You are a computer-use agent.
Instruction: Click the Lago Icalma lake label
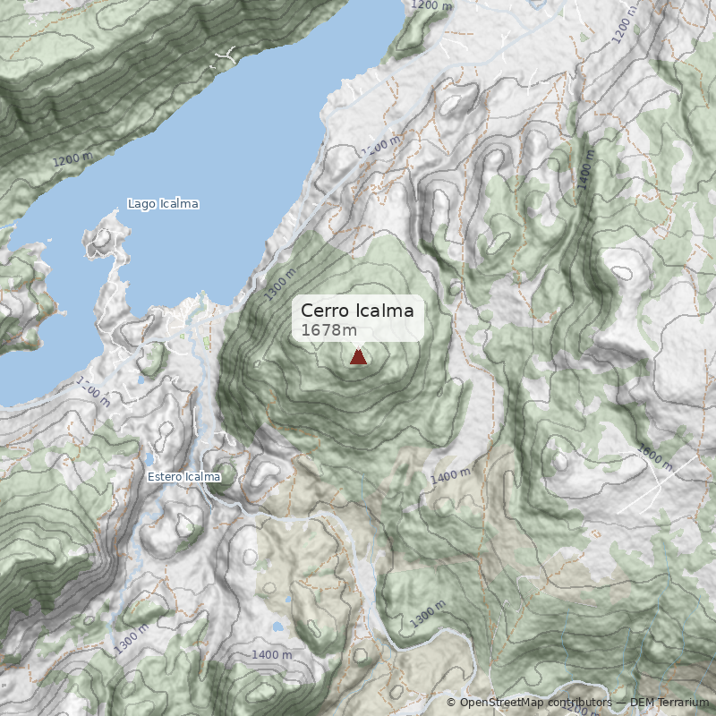(163, 204)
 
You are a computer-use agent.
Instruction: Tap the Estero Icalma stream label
(183, 477)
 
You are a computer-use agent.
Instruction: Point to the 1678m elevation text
(322, 330)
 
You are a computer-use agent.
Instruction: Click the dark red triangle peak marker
(358, 357)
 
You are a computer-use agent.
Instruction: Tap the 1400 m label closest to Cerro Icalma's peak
(450, 476)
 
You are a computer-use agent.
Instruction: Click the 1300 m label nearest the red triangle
(279, 285)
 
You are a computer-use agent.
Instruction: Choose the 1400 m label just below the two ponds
(272, 655)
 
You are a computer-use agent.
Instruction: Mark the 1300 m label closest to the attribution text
(428, 614)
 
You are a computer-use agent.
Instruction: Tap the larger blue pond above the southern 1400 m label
(278, 627)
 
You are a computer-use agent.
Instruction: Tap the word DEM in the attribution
(642, 702)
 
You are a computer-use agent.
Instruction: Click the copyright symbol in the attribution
(451, 702)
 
